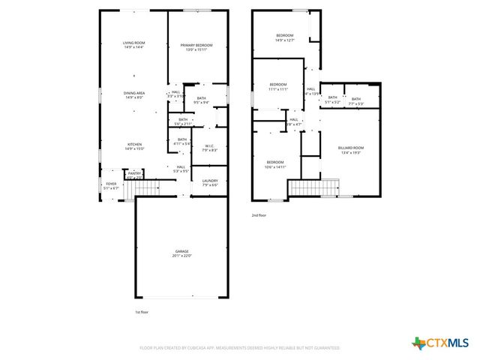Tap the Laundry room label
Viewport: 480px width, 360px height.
point(210,182)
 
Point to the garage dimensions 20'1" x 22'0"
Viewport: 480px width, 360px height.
point(181,257)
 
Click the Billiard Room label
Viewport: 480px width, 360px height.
point(351,148)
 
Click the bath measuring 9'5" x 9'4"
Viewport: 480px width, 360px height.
point(201,100)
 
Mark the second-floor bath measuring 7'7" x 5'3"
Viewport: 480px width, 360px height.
point(355,100)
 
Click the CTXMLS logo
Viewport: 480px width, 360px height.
point(439,343)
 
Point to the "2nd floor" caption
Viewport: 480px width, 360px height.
point(259,215)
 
